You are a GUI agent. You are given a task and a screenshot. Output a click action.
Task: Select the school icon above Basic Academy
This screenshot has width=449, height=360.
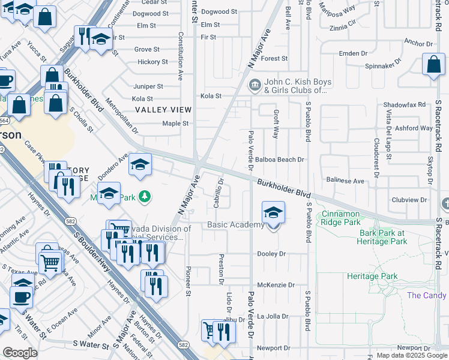273,213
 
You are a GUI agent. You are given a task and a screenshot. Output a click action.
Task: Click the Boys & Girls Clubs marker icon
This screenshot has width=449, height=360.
255,84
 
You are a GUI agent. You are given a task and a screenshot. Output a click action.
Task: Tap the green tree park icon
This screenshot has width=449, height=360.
144,196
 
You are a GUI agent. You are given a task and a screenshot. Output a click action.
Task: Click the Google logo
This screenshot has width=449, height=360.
20,353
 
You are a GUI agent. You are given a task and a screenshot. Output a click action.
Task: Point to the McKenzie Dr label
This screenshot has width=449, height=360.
276,285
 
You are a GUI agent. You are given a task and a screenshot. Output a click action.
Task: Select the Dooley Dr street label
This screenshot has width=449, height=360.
271,254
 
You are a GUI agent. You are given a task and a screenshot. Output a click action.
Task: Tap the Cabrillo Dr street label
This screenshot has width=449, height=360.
219,193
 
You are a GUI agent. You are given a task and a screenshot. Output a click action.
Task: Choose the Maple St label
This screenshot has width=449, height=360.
176,124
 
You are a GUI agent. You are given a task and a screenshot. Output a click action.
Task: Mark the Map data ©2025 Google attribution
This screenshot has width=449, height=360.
412,355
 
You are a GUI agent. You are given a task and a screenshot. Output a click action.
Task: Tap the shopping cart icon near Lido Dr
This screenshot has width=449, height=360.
208,330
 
